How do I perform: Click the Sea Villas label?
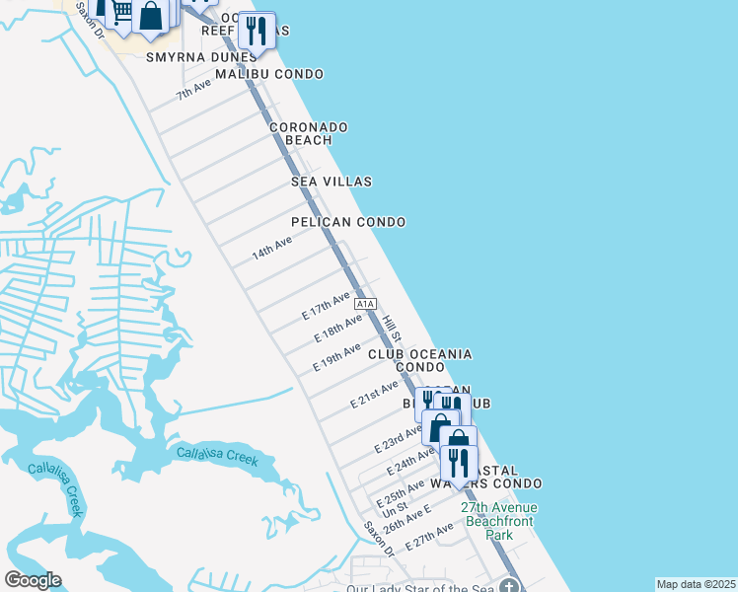331,182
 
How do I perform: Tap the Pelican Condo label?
348,222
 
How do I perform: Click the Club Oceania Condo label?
420,359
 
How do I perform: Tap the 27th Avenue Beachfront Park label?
500,521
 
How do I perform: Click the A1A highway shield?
366,304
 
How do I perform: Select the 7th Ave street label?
194,90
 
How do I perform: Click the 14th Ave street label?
271,248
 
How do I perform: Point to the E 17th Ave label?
327,305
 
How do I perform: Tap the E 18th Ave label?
338,329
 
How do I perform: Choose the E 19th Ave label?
336,357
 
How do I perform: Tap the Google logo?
33,580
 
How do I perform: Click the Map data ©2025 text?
696,584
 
